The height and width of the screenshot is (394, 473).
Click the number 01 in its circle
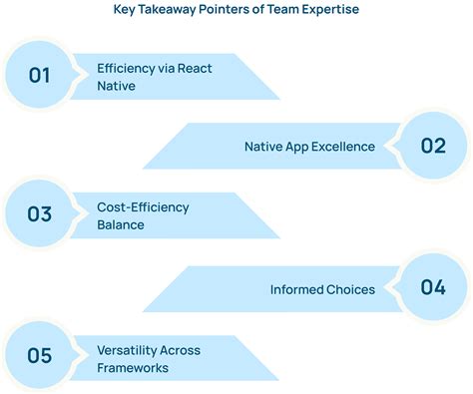[39, 76]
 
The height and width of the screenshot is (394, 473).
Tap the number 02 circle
[433, 146]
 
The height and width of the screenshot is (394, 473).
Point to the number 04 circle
[433, 287]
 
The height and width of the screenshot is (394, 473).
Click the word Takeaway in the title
[173, 12]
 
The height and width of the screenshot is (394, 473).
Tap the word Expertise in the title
[330, 12]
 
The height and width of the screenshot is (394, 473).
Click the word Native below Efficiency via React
[116, 86]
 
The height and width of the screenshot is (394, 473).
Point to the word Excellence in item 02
[342, 147]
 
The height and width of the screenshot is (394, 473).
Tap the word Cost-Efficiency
[143, 207]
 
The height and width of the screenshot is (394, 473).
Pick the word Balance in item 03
[121, 225]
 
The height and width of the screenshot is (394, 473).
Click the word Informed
[298, 289]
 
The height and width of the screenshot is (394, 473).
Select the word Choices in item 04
[352, 289]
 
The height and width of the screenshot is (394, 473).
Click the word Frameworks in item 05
[133, 368]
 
